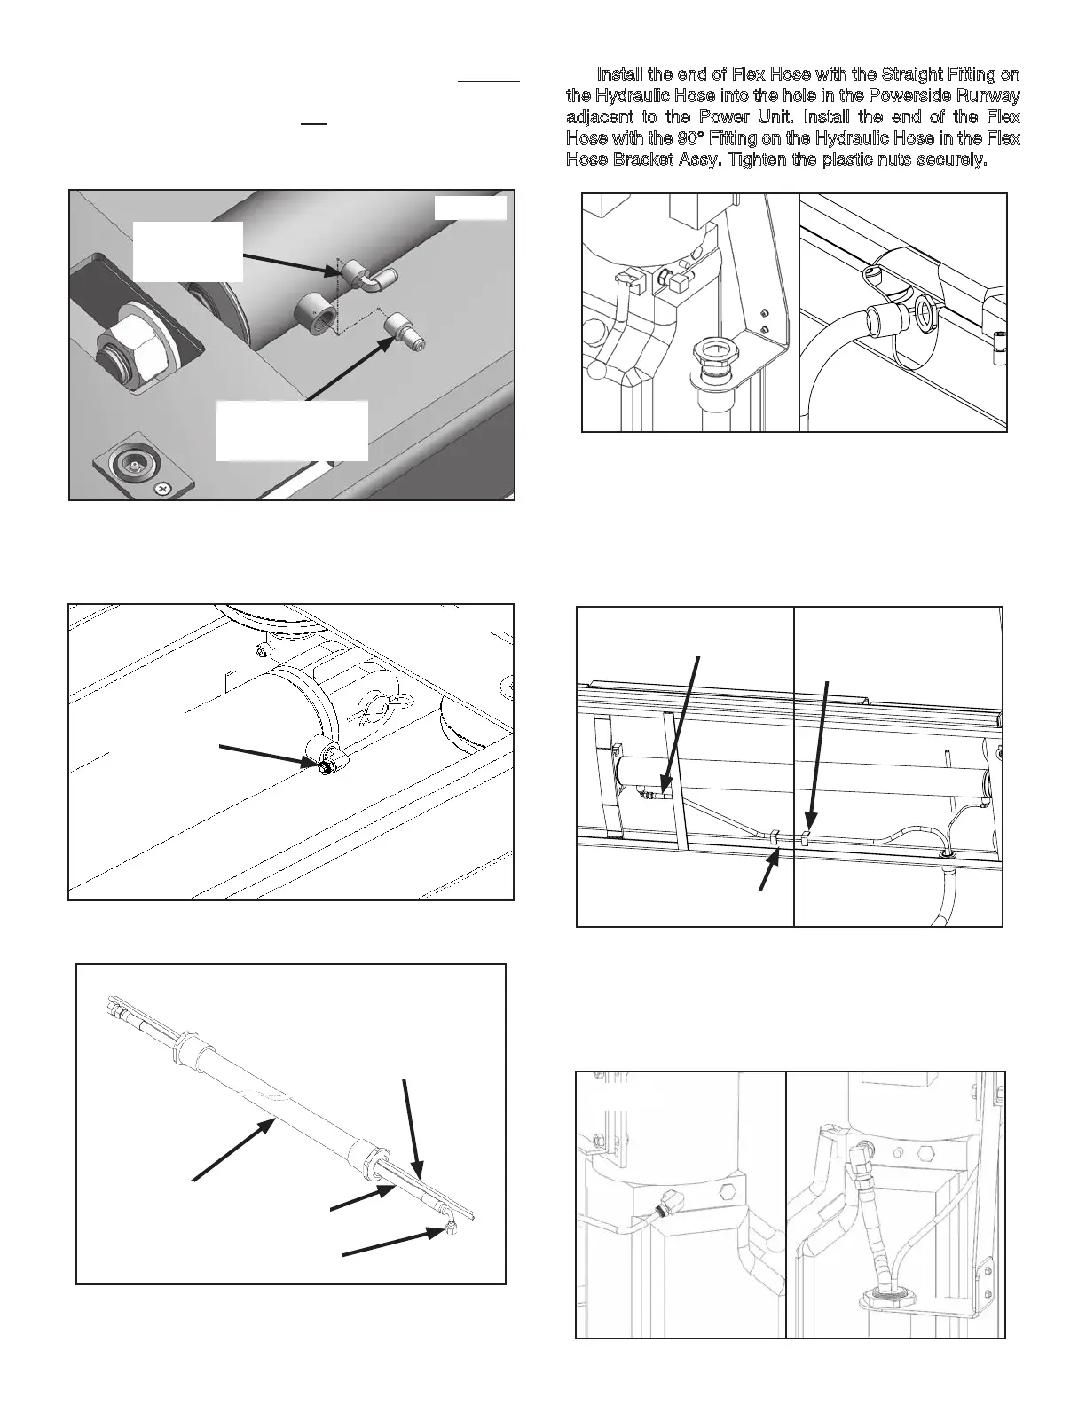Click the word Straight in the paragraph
(x=910, y=75)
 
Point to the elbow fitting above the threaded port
(x=359, y=276)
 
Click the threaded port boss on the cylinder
(x=316, y=314)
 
